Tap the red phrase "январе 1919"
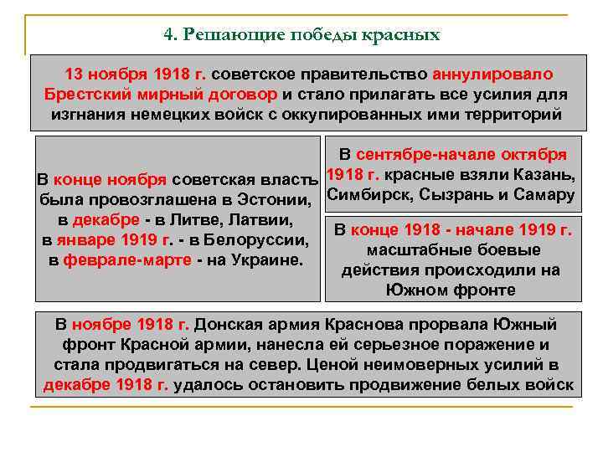116,241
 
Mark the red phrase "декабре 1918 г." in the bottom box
106,384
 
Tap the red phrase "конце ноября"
112,181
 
